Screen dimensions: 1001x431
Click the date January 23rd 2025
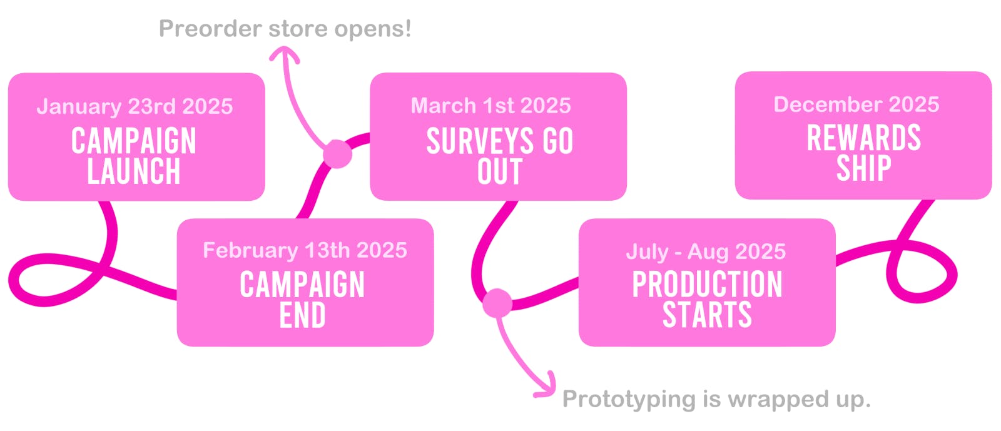(x=135, y=107)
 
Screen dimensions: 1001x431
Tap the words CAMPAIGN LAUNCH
(x=134, y=155)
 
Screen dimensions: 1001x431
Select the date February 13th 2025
(x=305, y=250)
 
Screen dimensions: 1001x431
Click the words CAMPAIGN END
(x=303, y=299)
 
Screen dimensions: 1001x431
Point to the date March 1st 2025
(x=490, y=106)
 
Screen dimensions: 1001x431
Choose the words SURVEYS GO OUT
(x=500, y=155)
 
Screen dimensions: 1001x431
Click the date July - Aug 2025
(x=706, y=251)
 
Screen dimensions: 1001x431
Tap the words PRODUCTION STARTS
(x=708, y=299)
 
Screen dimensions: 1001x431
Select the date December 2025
(x=856, y=104)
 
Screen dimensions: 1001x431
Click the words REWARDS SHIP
(x=864, y=153)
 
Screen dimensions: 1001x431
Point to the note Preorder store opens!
(x=285, y=29)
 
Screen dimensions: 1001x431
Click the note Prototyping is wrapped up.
(x=716, y=399)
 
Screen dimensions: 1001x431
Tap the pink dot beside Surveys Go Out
(x=337, y=154)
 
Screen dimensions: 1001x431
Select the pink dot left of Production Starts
(x=497, y=303)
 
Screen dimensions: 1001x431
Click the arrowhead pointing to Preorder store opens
(x=284, y=54)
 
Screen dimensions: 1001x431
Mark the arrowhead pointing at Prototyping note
(x=547, y=385)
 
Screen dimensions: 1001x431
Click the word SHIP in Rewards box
(x=864, y=168)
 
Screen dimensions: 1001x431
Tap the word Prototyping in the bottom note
(x=629, y=399)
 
